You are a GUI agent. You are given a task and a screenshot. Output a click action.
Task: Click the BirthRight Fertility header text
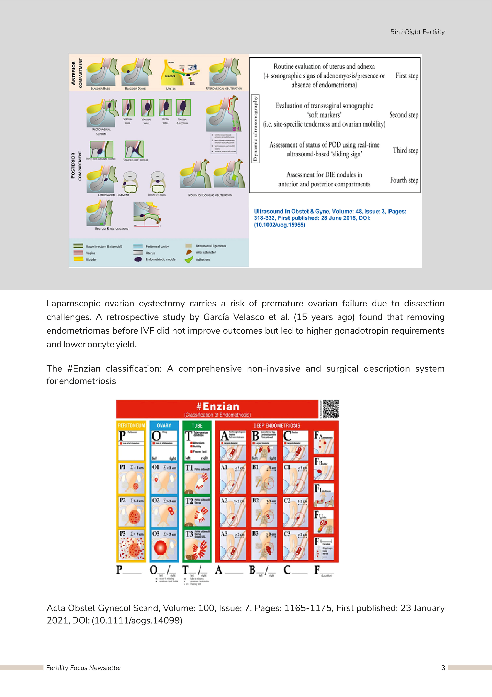coord(417,32)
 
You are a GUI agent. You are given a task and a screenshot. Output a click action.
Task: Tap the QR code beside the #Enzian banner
coord(331,409)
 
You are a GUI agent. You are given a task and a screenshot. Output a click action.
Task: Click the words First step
coord(407,76)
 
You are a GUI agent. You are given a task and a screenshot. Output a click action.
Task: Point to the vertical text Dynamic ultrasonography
coord(255,128)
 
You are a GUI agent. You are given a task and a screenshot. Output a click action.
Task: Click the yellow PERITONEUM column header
coord(131,426)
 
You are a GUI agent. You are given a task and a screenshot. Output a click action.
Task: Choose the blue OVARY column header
coord(164,426)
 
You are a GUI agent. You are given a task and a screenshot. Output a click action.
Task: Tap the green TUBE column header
coord(197,426)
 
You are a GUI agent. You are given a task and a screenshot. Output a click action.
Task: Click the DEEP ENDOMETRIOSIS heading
coord(277,426)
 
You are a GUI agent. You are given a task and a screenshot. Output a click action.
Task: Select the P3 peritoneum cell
coord(131,545)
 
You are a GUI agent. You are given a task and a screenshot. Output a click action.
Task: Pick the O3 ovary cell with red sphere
coord(164,545)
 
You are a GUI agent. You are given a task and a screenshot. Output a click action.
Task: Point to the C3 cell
coord(295,545)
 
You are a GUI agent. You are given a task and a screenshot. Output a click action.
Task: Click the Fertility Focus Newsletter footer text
coord(84,668)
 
